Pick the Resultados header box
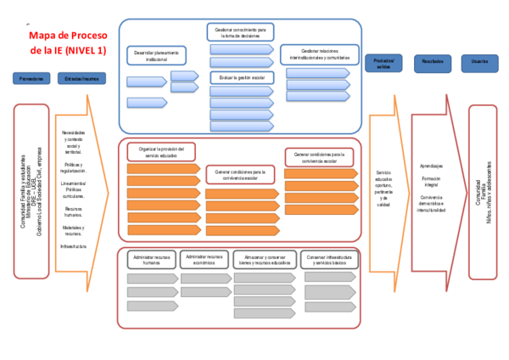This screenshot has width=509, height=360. point(433,63)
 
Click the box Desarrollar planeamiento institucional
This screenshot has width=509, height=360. point(157,56)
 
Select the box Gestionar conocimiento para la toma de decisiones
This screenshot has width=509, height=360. point(241,32)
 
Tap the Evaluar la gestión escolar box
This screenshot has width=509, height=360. point(241,77)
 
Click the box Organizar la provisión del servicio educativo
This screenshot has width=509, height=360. point(162,152)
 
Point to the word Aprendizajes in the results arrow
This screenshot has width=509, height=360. point(432,166)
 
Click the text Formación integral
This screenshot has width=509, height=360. point(431,183)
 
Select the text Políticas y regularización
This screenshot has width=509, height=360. point(74,167)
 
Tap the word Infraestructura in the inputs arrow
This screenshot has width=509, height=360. point(74,246)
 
